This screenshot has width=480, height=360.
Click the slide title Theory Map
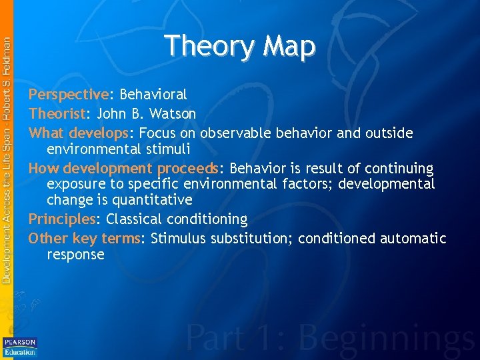[x=240, y=46]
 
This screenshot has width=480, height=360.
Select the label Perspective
[x=68, y=95]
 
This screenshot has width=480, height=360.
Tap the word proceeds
[x=189, y=169]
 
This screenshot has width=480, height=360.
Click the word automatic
[x=413, y=239]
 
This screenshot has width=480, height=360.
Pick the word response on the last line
[x=75, y=255]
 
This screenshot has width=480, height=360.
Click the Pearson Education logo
[x=20, y=347]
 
